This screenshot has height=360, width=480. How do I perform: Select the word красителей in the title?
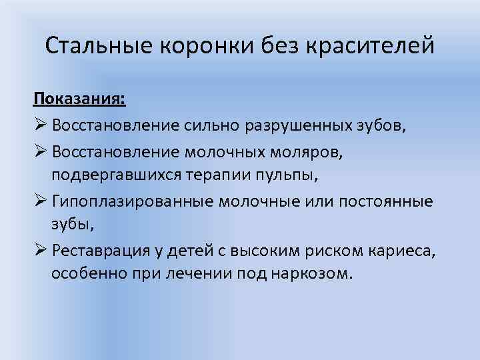[x=371, y=46]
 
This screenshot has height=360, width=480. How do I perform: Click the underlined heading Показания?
[x=79, y=99]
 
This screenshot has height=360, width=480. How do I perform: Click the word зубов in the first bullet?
[x=382, y=125]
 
